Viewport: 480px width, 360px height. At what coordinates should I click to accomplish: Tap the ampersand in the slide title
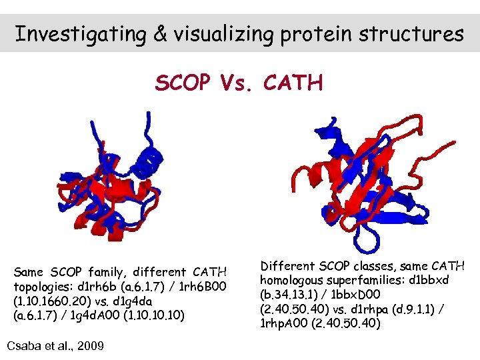click(159, 33)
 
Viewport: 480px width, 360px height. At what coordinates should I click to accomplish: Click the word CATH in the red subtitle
click(293, 83)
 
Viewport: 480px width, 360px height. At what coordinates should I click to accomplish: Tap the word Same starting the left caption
click(28, 272)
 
